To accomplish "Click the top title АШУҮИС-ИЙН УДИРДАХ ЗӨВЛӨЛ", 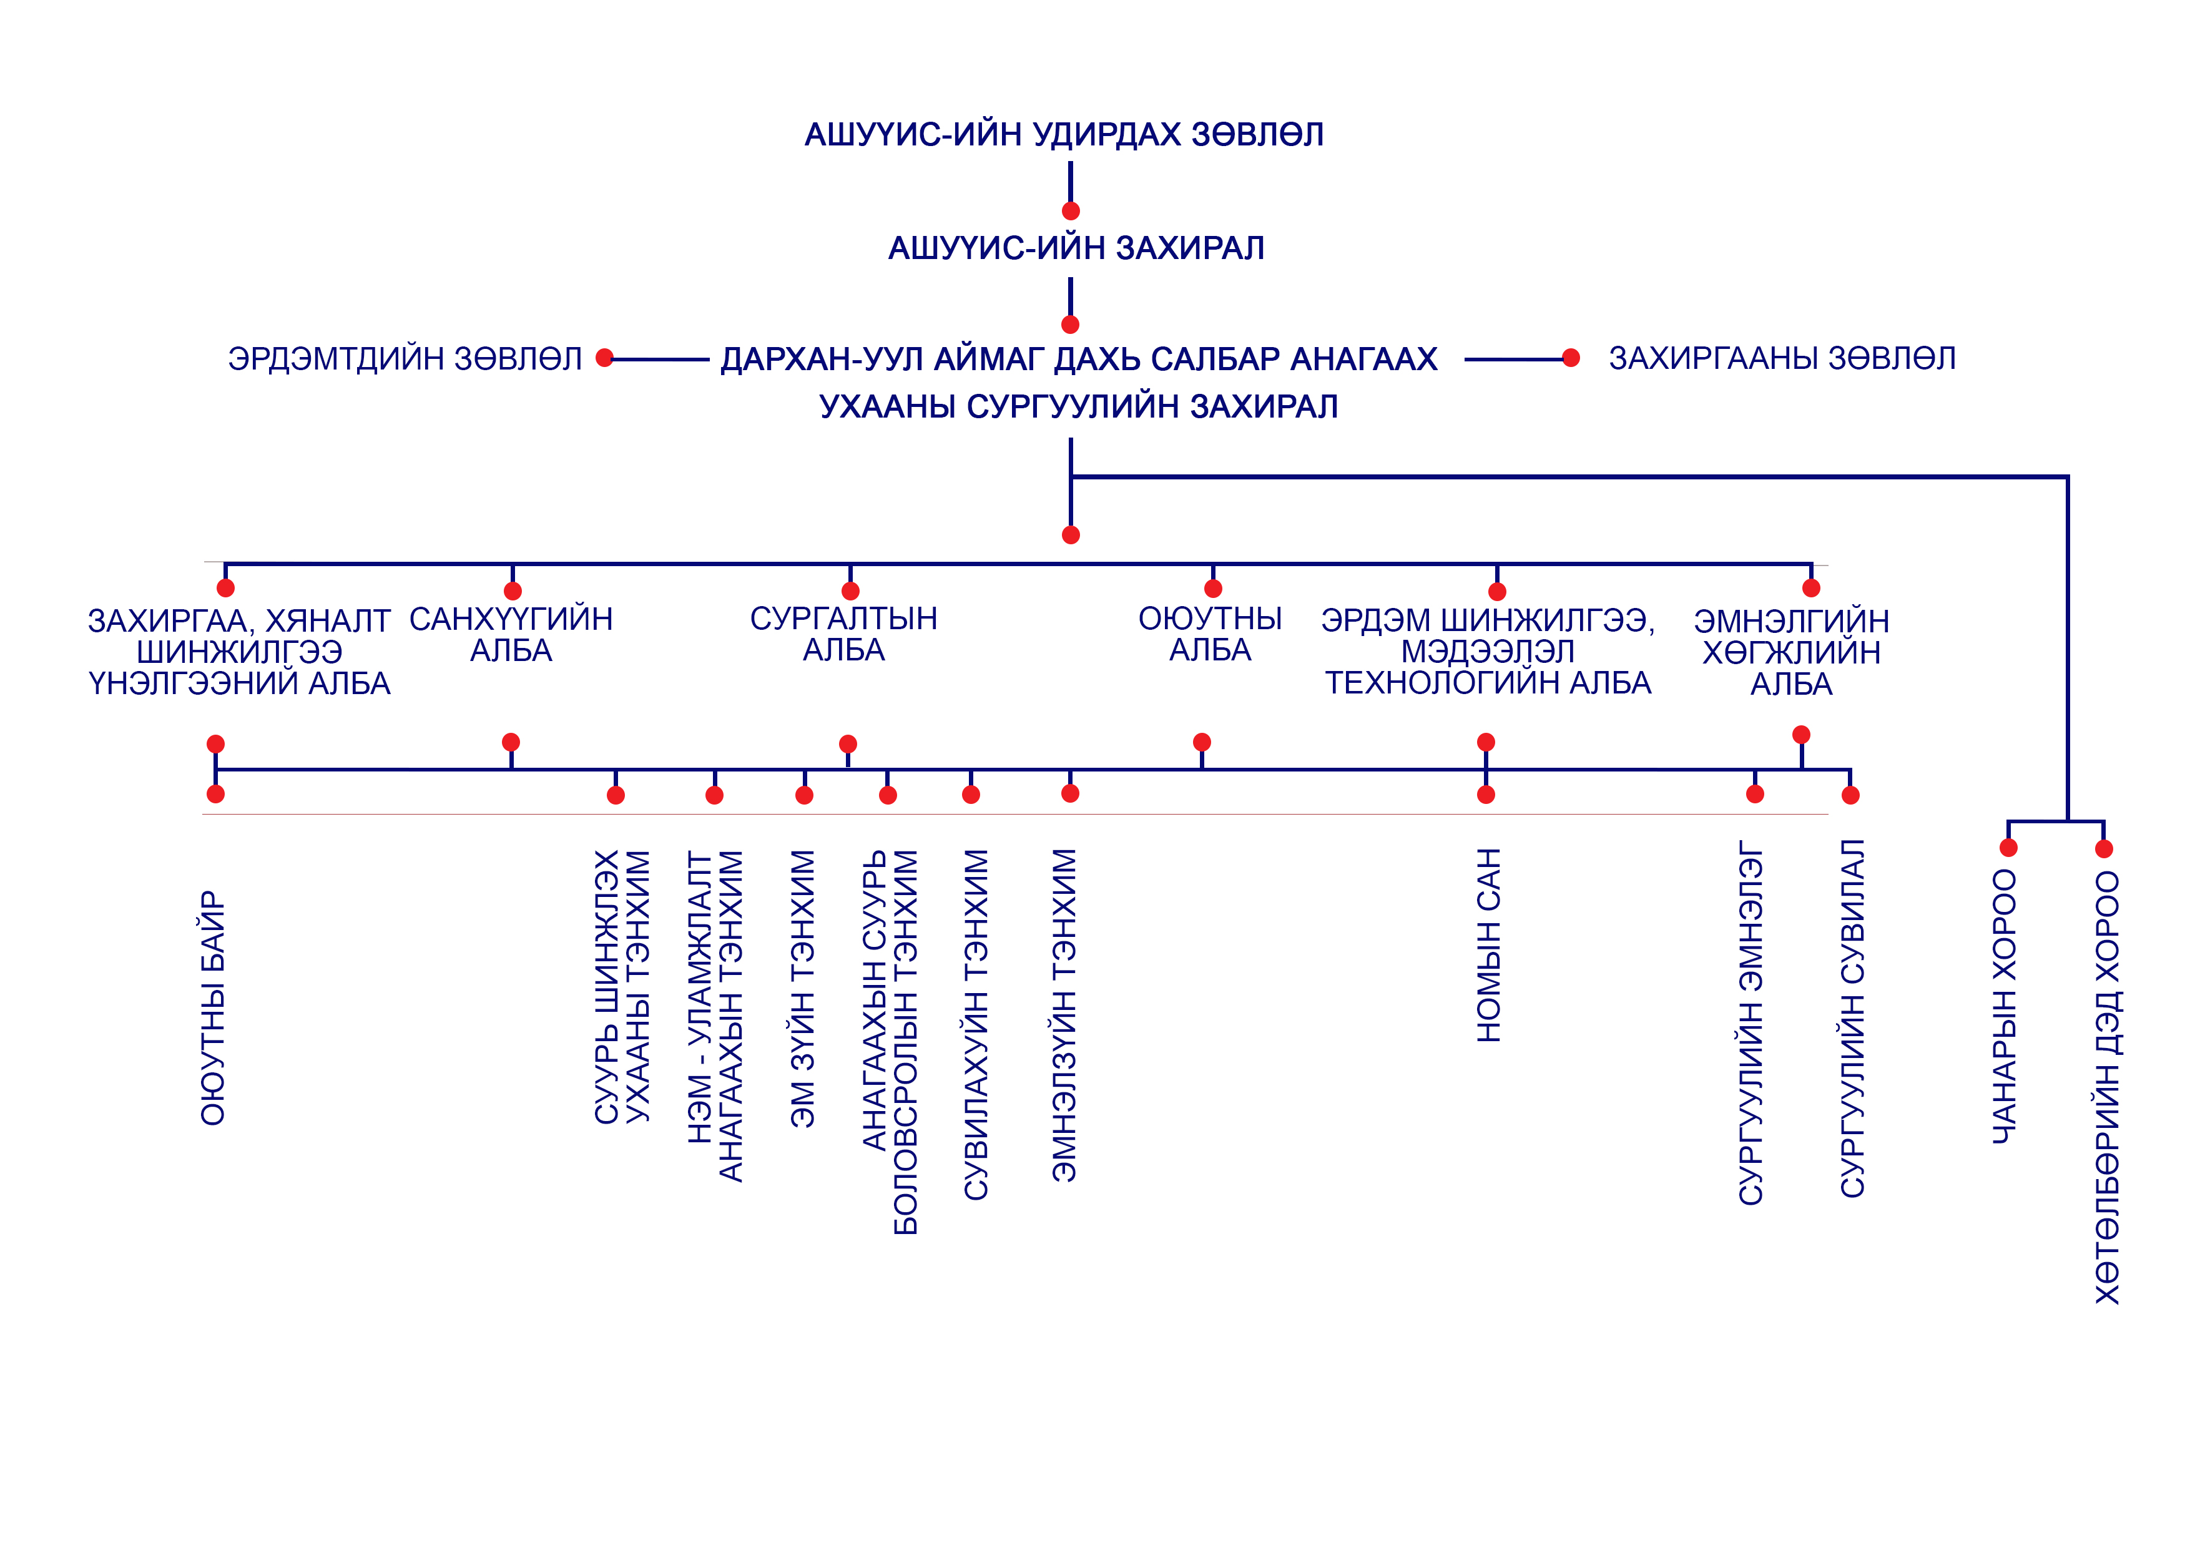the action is (1064, 134).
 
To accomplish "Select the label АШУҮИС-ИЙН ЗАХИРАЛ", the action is (1076, 248).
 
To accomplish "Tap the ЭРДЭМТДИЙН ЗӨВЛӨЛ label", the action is (405, 359).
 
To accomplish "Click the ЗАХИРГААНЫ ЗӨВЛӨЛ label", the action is (1782, 359).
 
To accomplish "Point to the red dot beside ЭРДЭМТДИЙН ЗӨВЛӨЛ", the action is (604, 358).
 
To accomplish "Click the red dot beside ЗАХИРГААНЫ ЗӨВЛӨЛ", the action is (1571, 358).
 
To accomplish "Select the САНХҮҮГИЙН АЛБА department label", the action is (511, 634).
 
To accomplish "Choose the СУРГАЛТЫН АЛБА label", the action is (844, 634).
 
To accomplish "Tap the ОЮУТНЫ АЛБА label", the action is (1210, 634).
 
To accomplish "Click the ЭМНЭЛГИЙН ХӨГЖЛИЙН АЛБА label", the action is (1791, 652).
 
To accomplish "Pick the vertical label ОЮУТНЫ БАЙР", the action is (213, 1008).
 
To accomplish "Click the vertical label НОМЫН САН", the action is (1489, 944).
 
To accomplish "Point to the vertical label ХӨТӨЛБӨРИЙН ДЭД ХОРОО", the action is (2106, 1087).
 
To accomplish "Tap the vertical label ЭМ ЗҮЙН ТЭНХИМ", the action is (803, 989).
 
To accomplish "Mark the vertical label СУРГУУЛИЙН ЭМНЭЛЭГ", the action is (1751, 1022).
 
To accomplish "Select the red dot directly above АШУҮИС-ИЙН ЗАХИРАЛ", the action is (1070, 211).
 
